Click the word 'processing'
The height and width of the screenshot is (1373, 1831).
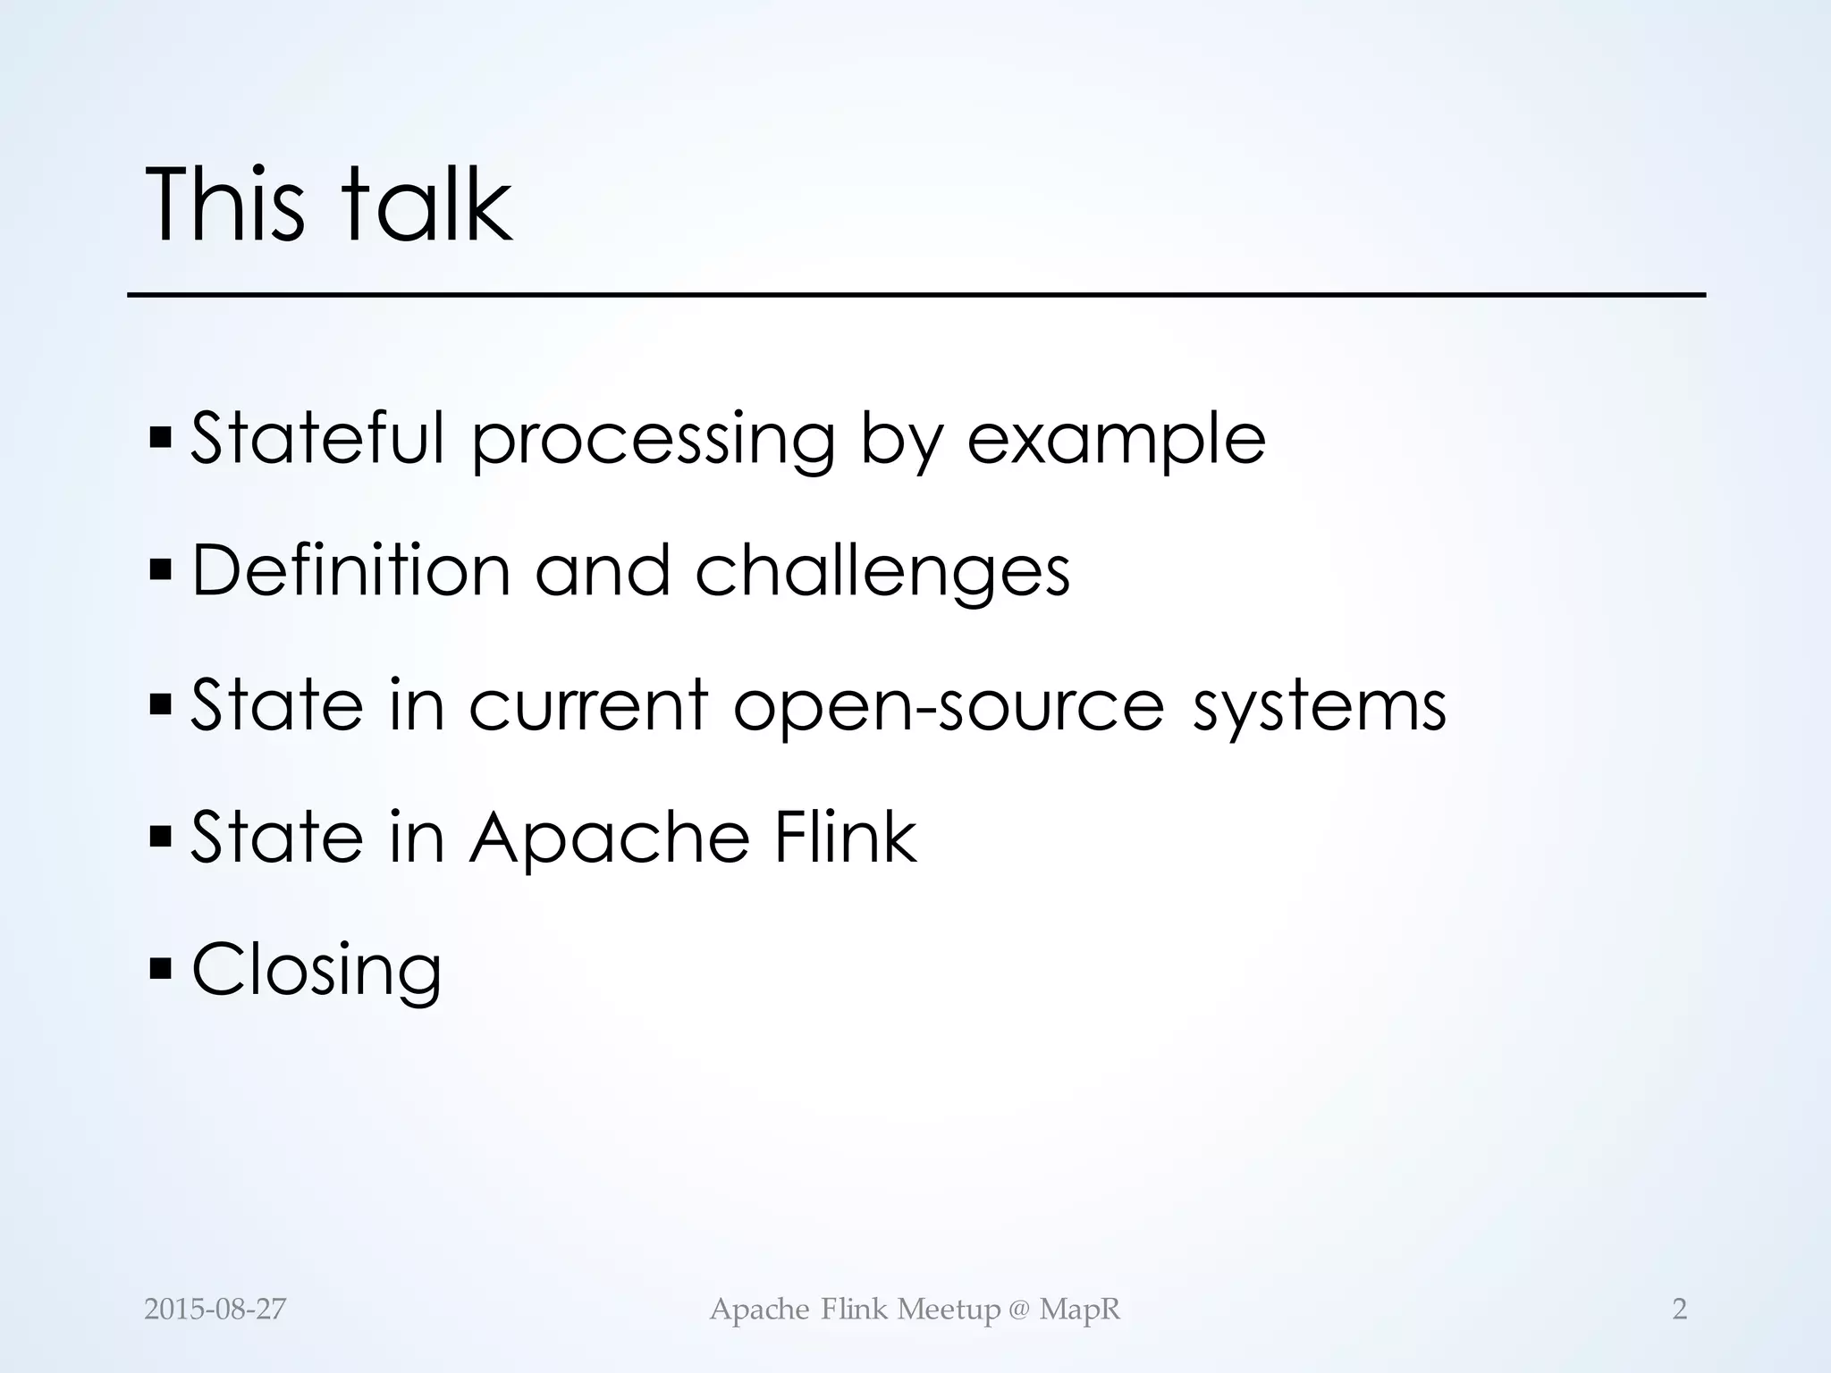tap(653, 441)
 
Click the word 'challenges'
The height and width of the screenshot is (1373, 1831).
tap(882, 572)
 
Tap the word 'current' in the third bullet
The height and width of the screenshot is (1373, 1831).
tap(588, 704)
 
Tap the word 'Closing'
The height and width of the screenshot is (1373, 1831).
tap(316, 971)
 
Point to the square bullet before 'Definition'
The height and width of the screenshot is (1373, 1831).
tap(161, 569)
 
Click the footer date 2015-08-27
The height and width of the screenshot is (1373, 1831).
tap(215, 1310)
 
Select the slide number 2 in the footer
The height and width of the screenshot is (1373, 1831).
tap(1679, 1310)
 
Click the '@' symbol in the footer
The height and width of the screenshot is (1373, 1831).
tap(1019, 1310)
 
